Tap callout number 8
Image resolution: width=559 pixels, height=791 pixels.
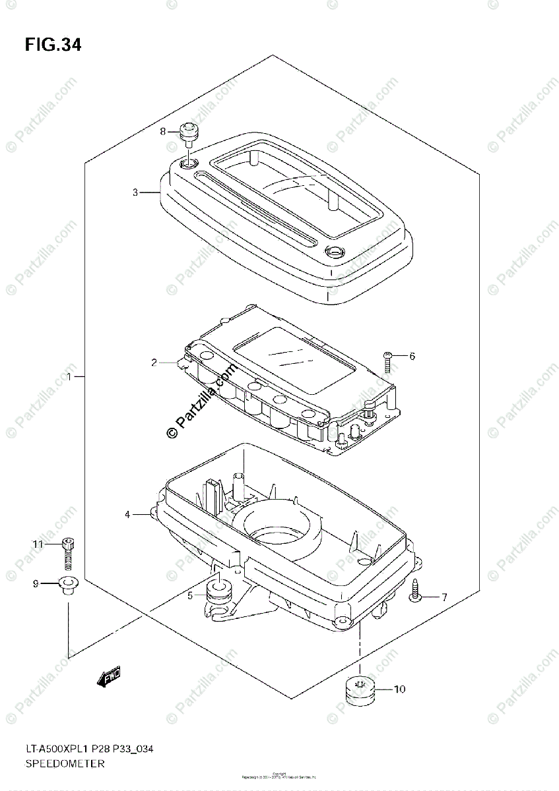(x=163, y=131)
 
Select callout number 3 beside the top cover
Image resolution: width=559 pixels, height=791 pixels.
(x=135, y=192)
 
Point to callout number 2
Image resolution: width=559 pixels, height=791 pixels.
(x=153, y=362)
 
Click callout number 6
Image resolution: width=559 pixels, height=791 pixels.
(x=412, y=357)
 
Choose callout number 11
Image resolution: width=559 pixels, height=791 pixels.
(x=38, y=544)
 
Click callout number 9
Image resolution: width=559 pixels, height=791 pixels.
(x=36, y=583)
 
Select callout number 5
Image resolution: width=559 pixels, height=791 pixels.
(x=189, y=595)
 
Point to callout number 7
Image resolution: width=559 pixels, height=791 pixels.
(x=444, y=597)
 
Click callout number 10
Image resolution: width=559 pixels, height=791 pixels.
(x=400, y=689)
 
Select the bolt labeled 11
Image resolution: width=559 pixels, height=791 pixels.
(x=67, y=552)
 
